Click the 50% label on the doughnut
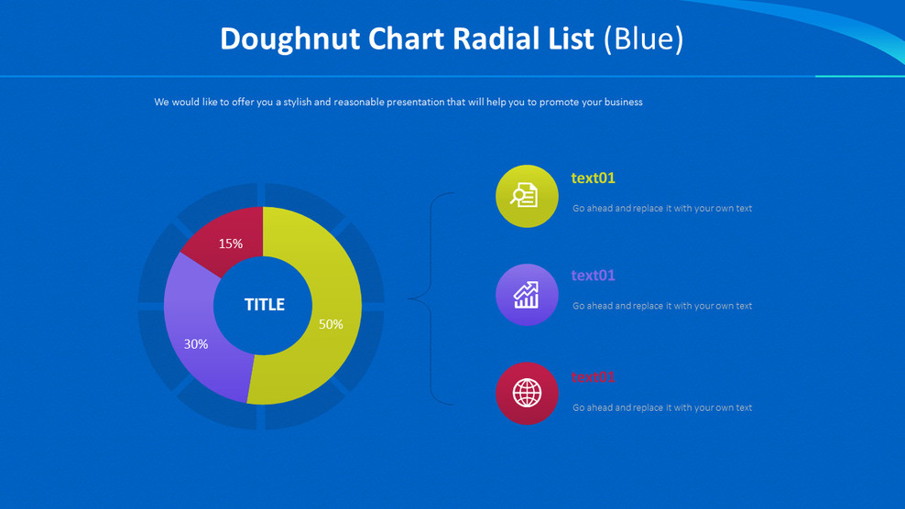[331, 324]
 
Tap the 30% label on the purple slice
[196, 344]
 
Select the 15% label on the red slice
[231, 244]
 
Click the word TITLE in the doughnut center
[264, 305]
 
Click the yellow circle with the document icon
[526, 196]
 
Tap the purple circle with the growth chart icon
[526, 295]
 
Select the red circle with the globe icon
[526, 393]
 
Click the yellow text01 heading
[593, 178]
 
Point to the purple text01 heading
[593, 275]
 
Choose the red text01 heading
[593, 376]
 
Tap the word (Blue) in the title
[643, 39]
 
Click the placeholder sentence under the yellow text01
[662, 209]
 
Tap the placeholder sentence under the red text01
[662, 407]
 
